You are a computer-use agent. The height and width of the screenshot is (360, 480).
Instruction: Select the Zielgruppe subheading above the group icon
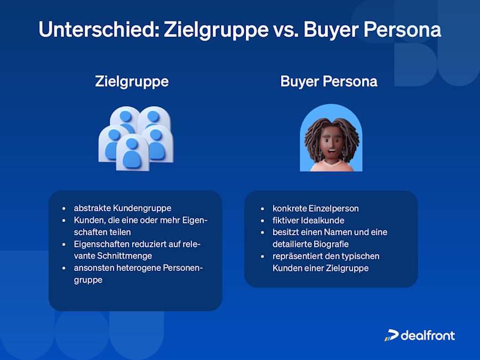click(132, 81)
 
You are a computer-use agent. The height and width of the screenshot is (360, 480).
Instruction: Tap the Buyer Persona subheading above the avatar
click(329, 81)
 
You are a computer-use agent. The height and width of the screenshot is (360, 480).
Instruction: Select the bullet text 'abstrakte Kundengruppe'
click(122, 208)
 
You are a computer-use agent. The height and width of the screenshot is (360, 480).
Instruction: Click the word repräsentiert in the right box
click(297, 256)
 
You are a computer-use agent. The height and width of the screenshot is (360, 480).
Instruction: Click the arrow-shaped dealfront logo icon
click(391, 335)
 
